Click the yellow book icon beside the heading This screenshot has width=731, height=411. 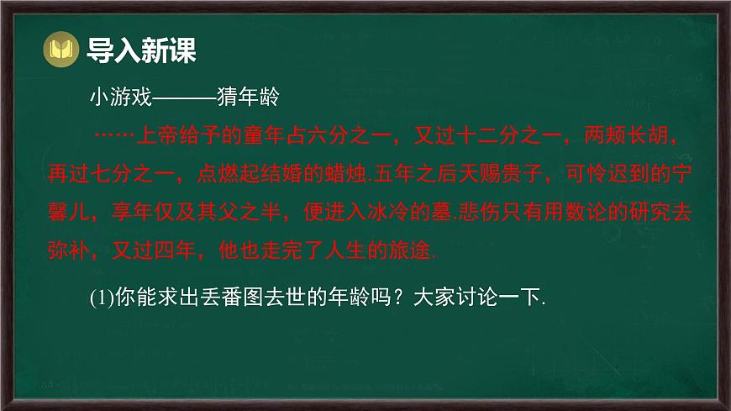pyautogui.click(x=60, y=50)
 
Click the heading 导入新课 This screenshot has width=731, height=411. pyautogui.click(x=141, y=50)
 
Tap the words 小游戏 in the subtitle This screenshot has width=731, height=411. pyautogui.click(x=120, y=99)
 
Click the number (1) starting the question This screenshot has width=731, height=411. pyautogui.click(x=101, y=298)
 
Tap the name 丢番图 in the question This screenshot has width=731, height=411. pyautogui.click(x=223, y=298)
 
